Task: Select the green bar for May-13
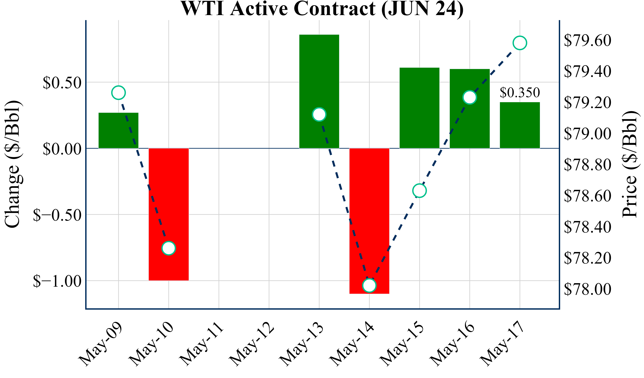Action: click(319, 77)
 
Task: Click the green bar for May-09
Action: click(118, 130)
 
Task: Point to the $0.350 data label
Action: click(520, 92)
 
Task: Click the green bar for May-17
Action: click(520, 125)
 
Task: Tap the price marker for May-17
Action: click(520, 43)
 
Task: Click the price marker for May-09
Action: click(118, 93)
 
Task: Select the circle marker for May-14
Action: click(369, 285)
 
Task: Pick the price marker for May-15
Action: click(419, 191)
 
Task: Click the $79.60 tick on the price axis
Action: click(587, 40)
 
